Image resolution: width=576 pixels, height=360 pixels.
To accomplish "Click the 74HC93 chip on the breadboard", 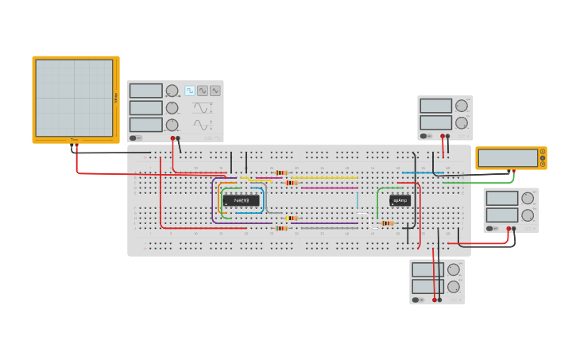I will point(241,200).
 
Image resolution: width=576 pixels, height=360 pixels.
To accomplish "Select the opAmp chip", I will point(400,200).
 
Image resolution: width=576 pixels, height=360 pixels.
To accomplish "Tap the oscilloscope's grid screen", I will point(74,98).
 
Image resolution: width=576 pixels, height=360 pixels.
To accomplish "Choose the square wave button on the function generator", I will point(190,91).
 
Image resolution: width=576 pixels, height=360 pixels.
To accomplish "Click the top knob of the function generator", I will point(172,91).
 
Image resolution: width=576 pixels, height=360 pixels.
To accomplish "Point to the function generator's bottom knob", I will point(172,125).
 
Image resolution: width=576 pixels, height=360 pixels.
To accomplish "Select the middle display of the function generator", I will point(145,108).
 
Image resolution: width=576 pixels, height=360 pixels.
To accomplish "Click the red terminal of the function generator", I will point(172,138).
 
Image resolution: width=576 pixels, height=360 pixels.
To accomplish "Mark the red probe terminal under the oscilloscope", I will point(76,145).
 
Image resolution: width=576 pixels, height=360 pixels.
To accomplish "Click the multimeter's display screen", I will point(507,158).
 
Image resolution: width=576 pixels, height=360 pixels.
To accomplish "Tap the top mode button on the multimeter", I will point(543,152).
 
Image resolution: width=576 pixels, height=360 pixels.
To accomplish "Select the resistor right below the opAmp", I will point(387,223).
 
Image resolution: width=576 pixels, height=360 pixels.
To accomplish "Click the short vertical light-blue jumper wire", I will point(358,199).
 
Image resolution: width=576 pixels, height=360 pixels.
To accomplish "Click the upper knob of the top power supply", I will point(461,106).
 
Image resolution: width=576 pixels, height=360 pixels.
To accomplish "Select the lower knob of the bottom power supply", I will point(453,287).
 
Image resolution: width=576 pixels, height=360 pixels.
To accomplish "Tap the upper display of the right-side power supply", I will point(501,198).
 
